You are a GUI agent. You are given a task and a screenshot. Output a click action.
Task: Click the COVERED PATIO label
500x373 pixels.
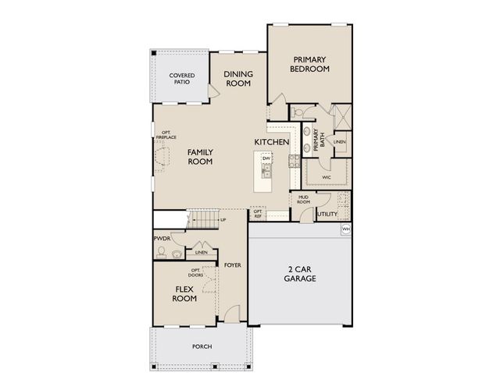(x=181, y=78)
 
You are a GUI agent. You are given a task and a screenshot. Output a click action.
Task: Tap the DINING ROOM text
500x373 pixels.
(x=237, y=78)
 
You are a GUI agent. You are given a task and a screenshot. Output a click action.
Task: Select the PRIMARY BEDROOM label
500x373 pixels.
(x=311, y=64)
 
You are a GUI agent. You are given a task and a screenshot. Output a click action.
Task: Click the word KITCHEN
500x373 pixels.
(x=272, y=142)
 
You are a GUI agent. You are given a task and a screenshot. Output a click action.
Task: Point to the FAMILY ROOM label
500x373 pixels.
(x=201, y=157)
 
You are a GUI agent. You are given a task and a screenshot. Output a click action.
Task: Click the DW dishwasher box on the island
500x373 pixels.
(x=266, y=159)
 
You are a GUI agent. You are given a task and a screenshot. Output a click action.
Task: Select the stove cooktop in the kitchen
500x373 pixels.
(x=294, y=162)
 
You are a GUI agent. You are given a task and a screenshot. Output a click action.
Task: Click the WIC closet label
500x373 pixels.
(x=327, y=177)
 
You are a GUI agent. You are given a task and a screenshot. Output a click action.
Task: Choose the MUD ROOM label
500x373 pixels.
(x=303, y=200)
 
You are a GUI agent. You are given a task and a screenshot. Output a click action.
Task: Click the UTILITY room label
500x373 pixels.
(x=326, y=214)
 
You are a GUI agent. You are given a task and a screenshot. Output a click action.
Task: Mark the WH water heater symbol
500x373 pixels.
(x=346, y=229)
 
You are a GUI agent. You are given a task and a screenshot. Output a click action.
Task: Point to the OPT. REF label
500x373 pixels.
(x=258, y=212)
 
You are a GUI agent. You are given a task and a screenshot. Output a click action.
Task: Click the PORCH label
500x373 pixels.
(x=202, y=346)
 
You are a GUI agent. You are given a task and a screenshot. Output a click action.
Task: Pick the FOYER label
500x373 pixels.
(x=232, y=265)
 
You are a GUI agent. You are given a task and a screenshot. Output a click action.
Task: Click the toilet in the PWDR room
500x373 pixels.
(x=162, y=251)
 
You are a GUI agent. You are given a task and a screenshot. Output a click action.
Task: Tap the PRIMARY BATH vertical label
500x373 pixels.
(x=317, y=139)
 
